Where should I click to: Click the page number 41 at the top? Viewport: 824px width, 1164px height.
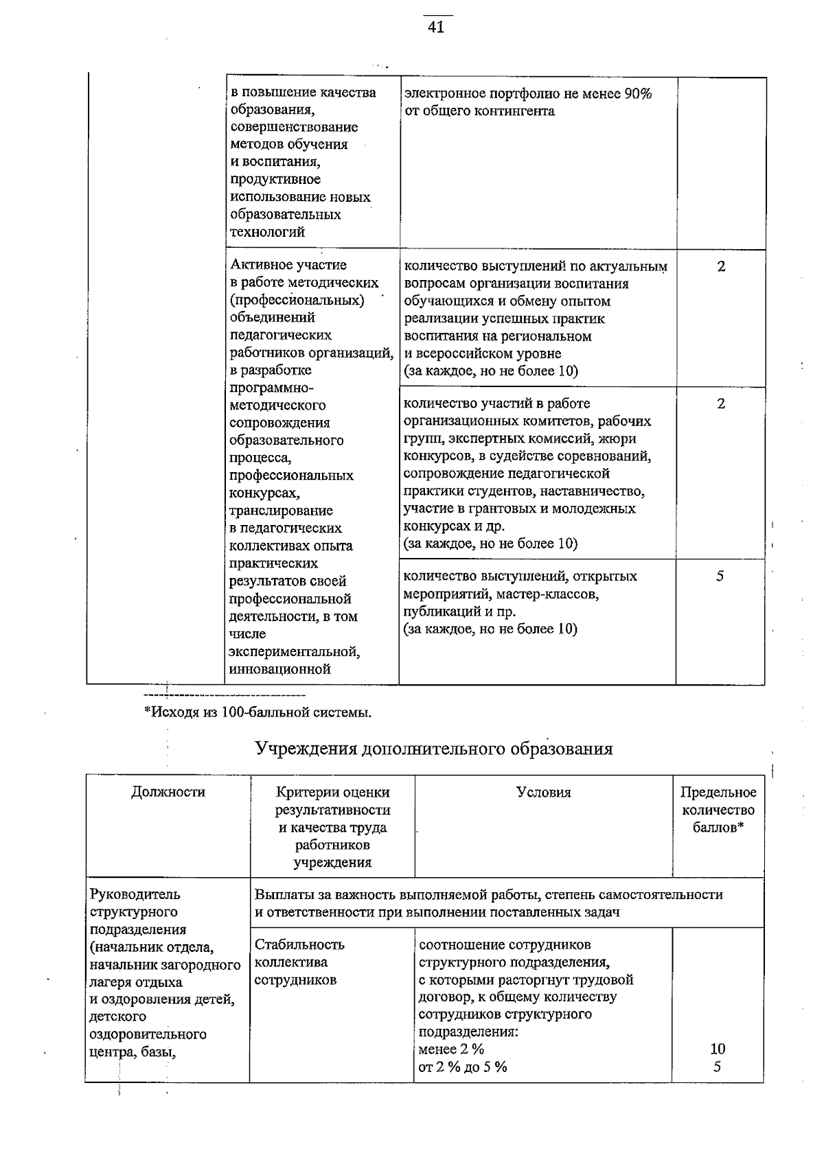(437, 27)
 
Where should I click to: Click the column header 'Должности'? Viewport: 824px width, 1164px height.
(168, 792)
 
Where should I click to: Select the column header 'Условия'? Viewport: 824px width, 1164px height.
(543, 793)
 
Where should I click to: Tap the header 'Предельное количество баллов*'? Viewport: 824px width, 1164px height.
(718, 810)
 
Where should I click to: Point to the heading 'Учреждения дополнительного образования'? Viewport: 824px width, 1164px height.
(434, 748)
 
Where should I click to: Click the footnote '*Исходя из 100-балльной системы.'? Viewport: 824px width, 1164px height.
(257, 712)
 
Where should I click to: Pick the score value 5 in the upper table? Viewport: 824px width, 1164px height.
(720, 577)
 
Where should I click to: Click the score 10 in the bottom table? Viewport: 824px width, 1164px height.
(718, 1049)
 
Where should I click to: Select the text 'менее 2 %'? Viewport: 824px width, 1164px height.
(451, 1049)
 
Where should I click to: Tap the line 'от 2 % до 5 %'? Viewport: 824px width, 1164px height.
(463, 1067)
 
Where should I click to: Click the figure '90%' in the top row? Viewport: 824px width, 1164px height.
(638, 93)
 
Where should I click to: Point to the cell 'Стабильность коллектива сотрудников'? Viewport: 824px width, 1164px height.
(299, 962)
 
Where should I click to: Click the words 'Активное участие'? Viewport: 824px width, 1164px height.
(288, 265)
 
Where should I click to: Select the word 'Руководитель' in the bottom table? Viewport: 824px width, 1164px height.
(126, 894)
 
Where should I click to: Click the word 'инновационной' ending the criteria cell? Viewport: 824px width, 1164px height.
(280, 669)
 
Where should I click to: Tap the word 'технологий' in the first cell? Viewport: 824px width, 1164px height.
(268, 232)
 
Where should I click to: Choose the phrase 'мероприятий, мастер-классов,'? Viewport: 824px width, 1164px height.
(501, 594)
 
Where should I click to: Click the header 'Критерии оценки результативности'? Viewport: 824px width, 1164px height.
(332, 801)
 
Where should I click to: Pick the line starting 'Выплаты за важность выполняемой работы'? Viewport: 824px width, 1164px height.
(488, 895)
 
